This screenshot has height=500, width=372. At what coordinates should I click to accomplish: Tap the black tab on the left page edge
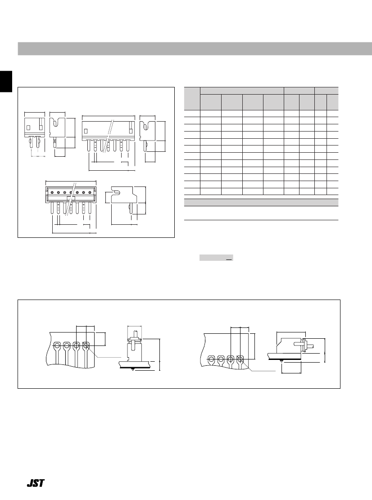[6, 82]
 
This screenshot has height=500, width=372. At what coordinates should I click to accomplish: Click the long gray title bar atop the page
[195, 49]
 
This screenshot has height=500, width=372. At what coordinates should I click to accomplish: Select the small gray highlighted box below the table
[216, 258]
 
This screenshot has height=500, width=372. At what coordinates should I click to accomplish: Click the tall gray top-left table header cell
[192, 99]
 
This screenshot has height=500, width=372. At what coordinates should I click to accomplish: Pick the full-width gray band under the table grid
[261, 203]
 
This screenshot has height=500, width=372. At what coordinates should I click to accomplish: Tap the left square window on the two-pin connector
[28, 127]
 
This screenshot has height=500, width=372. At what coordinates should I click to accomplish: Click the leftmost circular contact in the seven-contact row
[52, 192]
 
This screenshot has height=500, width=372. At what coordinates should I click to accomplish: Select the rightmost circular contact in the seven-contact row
[90, 192]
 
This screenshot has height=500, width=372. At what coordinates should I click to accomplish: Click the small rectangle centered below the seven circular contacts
[71, 198]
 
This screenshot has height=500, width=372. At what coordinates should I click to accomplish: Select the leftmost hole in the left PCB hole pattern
[57, 345]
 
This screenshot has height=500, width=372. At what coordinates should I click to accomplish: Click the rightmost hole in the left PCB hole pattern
[86, 345]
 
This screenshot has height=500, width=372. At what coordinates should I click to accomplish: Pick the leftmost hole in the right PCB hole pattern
[211, 359]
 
